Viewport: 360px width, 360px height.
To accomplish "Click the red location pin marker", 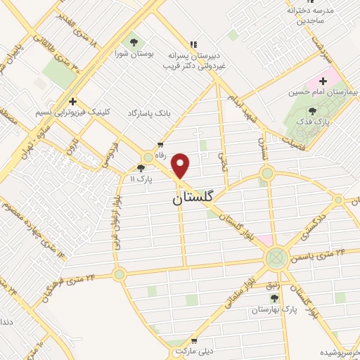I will [181, 166].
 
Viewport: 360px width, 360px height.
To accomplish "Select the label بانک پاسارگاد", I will [150, 112].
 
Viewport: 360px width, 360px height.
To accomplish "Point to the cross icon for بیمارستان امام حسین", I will [323, 81].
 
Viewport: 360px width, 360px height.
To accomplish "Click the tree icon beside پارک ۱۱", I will [141, 168].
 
